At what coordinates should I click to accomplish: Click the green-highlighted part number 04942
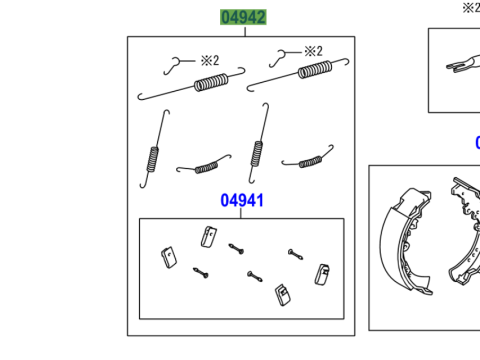click(243, 17)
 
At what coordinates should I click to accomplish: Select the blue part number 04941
click(242, 200)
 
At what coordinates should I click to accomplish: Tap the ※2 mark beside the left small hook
click(210, 60)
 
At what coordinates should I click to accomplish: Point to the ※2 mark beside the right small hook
click(313, 51)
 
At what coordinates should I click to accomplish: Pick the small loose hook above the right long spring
click(279, 57)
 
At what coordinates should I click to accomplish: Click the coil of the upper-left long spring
click(211, 82)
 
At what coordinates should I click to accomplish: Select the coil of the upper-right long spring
click(315, 70)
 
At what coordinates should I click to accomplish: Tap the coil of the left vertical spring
click(152, 159)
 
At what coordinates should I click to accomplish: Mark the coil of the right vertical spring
click(257, 154)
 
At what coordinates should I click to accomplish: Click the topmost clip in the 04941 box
click(209, 237)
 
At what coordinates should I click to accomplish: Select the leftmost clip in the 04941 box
click(169, 258)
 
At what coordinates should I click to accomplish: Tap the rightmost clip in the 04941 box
click(322, 275)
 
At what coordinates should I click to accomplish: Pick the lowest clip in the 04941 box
click(283, 295)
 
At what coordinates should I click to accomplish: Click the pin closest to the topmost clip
click(236, 249)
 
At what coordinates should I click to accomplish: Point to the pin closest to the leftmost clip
click(201, 273)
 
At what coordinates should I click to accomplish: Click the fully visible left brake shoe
click(407, 242)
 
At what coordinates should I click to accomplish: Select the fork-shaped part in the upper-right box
click(463, 64)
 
